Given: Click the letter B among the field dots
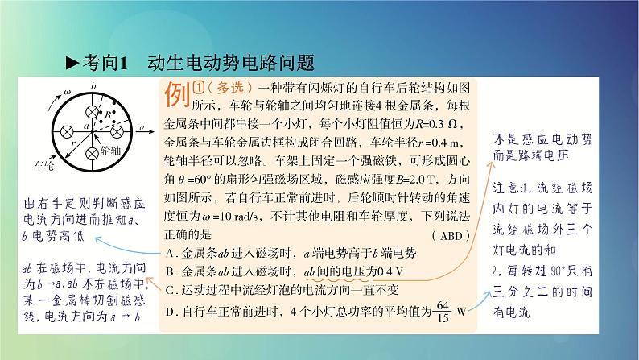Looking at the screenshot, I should pos(107,114).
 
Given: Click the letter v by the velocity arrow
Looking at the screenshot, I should pos(142,128).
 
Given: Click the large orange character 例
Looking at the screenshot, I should pos(176,95).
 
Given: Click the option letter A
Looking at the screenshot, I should pos(166,252).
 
